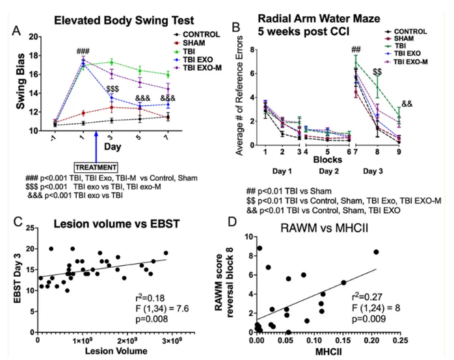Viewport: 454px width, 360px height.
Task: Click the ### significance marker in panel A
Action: point(83,51)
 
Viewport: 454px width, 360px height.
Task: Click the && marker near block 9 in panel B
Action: point(407,103)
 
